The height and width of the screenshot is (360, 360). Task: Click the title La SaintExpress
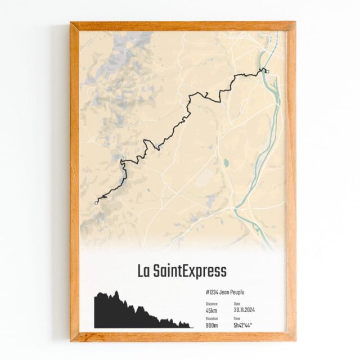[182, 271]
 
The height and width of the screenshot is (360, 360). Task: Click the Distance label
[211, 304]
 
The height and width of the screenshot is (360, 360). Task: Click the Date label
[237, 304]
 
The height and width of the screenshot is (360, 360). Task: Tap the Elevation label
[212, 318]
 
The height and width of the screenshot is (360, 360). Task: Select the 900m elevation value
[213, 325]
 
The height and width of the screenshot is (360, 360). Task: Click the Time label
[237, 318]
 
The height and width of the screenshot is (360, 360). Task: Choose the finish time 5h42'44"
[243, 325]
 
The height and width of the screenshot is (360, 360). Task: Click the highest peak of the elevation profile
[116, 292]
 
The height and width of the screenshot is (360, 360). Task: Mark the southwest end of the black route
[96, 201]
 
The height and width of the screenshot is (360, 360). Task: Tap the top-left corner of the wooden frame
[71, 23]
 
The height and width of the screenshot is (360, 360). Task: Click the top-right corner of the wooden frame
[295, 23]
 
